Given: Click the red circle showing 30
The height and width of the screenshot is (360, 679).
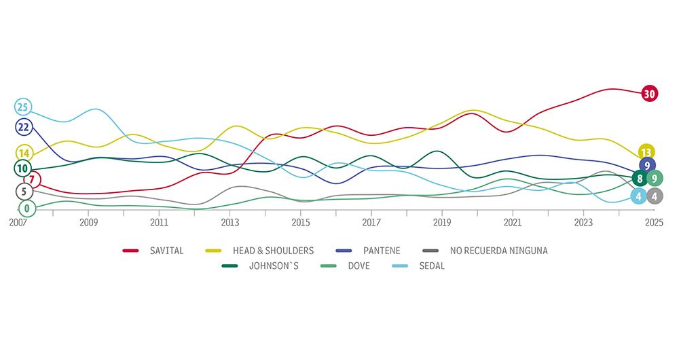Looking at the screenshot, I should pos(649,94).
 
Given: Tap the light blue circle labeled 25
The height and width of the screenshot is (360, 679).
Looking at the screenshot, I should pos(23,107).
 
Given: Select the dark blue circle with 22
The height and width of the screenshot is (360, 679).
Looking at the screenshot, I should pos(23,127).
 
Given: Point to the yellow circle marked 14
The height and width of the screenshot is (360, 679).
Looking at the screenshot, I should pos(23,154).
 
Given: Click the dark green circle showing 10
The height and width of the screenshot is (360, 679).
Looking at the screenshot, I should pos(22,168).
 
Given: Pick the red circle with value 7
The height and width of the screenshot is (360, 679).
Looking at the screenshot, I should pos(32,180).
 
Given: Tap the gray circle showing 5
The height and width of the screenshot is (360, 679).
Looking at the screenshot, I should pos(23,192).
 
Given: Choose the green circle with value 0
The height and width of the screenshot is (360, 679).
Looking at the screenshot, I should pos(26,209).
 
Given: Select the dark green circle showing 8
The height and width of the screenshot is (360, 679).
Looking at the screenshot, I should pos(638,179).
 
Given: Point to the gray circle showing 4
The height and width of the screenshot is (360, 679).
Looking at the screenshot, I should pos(655,196).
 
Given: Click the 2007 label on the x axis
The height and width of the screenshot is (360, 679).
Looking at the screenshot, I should pos(18,222).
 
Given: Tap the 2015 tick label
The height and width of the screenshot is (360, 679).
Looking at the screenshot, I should pos(300,222).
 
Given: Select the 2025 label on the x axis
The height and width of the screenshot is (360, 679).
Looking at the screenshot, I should pos(654,222).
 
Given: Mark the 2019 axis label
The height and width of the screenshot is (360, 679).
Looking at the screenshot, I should pos(442,222).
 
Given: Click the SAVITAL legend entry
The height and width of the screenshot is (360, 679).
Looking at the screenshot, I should pos(166,251).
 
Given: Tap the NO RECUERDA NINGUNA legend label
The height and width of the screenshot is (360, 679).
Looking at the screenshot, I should pos(498,251).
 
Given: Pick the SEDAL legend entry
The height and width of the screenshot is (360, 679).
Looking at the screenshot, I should pos(430,266).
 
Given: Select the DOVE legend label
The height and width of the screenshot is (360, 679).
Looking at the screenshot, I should pos(358,266).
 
